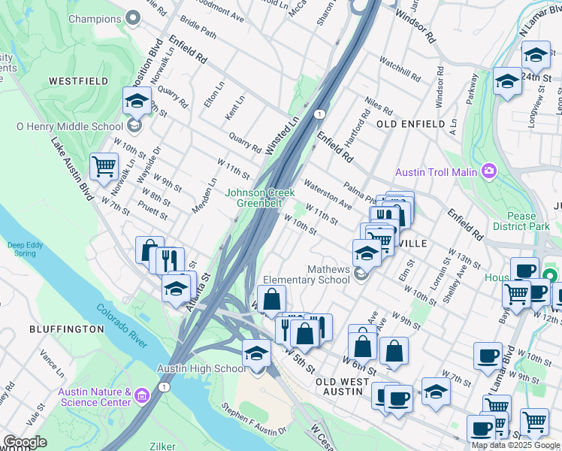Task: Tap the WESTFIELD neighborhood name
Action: pos(74,80)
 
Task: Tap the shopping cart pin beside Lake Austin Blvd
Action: pos(104,166)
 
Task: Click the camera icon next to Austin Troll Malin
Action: pos(489,171)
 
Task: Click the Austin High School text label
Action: pos(201,368)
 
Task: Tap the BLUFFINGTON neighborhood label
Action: pos(66,329)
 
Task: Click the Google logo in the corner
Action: pos(26,442)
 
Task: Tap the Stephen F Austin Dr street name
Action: pos(254,420)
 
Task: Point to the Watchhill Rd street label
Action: pos(400,68)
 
